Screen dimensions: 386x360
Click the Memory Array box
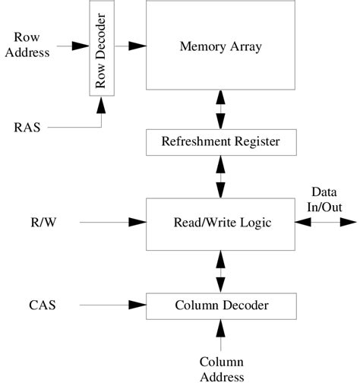tap(220, 47)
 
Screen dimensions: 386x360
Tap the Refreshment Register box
tap(220, 141)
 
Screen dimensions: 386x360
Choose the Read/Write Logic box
tap(220, 223)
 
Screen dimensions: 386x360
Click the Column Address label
tap(221, 369)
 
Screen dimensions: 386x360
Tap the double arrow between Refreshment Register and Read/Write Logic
tap(221, 176)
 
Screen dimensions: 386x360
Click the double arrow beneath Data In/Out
tap(326, 223)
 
